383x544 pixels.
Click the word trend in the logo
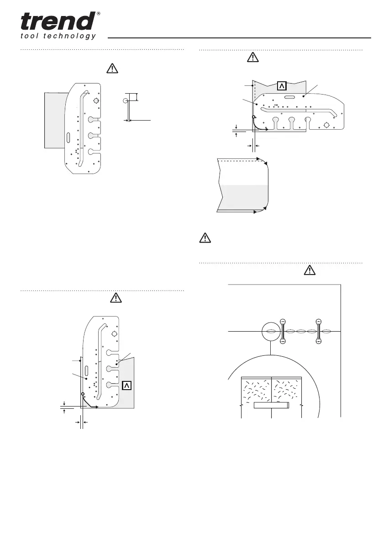pos(57,21)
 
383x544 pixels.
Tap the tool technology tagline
pos(58,36)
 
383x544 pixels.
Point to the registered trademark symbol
pos(99,14)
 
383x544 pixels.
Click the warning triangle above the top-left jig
pos(112,69)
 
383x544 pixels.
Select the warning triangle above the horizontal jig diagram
pos(252,58)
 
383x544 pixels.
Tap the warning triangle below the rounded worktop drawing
pos(205,238)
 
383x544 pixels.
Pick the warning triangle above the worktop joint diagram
pos(310,270)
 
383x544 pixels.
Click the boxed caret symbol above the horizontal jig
pos(282,86)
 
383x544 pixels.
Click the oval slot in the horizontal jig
pos(290,97)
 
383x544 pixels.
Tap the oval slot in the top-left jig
pos(68,137)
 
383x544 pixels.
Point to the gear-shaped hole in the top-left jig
pos(95,101)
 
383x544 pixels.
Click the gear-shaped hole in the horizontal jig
pos(326,125)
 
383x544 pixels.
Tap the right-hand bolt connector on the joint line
pos(319,331)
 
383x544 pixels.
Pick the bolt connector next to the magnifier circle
pos(283,331)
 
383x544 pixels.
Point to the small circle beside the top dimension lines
pos(126,100)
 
